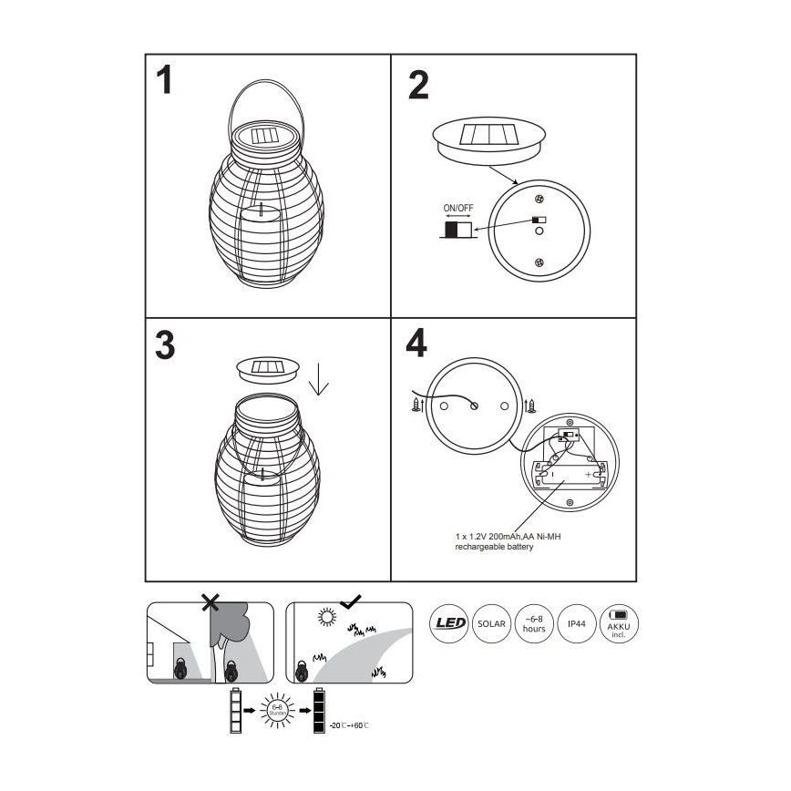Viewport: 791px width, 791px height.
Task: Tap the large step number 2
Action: (417, 84)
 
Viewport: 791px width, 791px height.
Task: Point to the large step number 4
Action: (416, 345)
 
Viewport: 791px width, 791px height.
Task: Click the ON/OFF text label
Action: (458, 208)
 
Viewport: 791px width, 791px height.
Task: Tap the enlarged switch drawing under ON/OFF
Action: (458, 230)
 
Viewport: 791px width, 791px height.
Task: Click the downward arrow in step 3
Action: (318, 381)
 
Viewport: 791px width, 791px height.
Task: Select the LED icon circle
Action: (448, 623)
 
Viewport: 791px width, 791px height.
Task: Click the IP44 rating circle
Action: (576, 623)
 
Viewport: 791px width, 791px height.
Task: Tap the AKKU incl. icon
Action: (619, 623)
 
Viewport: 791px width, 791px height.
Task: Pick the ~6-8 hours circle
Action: (533, 623)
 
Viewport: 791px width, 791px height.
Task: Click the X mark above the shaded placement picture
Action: (211, 601)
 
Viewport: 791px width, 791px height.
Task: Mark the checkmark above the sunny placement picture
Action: (349, 601)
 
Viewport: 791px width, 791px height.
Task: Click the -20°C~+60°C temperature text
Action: (349, 724)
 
